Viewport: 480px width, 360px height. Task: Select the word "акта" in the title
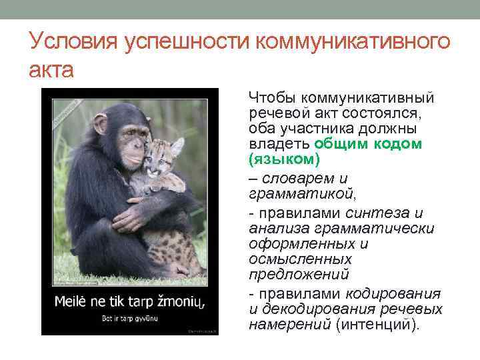[51, 69]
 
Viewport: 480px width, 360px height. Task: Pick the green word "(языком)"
[284, 159]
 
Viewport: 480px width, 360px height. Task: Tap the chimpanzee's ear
[100, 124]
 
